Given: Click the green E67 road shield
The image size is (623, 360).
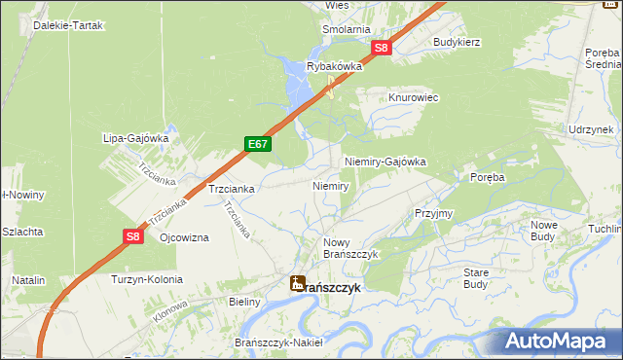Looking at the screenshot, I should tap(258, 145).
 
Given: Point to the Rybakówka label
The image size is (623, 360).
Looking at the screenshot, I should tap(334, 66).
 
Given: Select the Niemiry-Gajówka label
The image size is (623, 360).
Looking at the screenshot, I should tap(385, 162).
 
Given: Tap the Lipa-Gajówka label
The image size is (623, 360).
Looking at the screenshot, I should tap(136, 138).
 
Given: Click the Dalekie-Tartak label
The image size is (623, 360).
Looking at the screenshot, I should tap(65, 24).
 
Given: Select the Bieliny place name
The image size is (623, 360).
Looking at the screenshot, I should tap(244, 302).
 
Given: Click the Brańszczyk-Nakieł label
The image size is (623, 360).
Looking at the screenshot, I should tap(279, 342).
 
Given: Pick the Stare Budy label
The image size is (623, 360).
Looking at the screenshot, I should tap(476, 277).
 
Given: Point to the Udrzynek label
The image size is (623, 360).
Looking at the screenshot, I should tap(591, 129).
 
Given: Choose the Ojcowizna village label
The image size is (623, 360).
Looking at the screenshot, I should tap(184, 238).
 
